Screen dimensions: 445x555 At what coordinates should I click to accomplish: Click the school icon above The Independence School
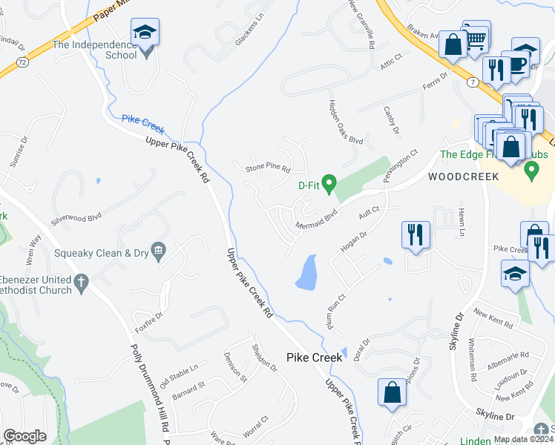click(x=145, y=32)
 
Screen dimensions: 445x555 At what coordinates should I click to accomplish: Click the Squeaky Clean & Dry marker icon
click(x=158, y=251)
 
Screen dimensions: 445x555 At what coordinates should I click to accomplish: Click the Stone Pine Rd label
click(x=268, y=169)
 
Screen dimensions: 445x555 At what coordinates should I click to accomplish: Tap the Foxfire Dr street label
click(x=149, y=319)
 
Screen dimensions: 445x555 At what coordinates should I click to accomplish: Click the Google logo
click(x=25, y=436)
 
